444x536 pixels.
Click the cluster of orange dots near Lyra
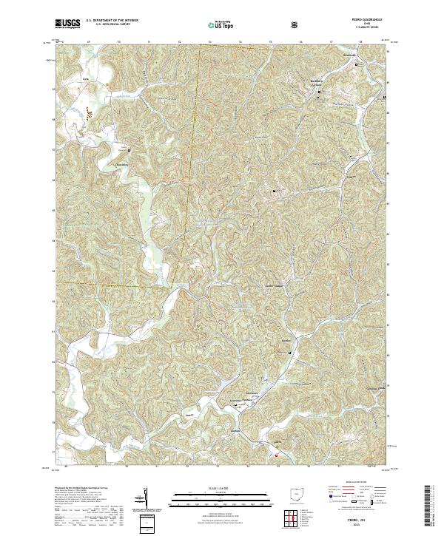(89, 113)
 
